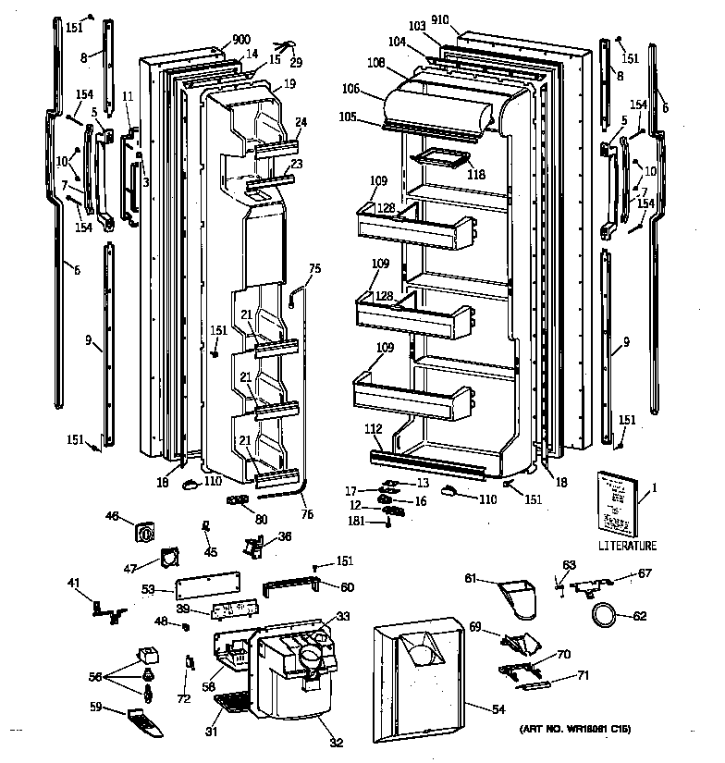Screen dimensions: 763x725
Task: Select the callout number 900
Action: point(215,40)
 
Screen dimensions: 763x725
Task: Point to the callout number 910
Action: point(464,20)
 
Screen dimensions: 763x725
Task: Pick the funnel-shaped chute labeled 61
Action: point(518,597)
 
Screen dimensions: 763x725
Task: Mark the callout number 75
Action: point(314,268)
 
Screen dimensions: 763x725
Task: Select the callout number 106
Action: point(375,90)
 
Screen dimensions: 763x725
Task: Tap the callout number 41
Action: point(73,583)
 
